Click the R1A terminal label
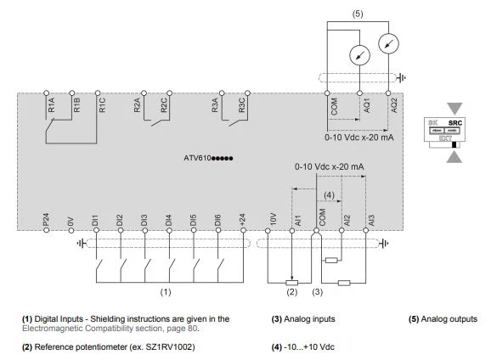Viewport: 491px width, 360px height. (51, 104)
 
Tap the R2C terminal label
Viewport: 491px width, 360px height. (164, 105)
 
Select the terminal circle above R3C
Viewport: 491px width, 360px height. (247, 93)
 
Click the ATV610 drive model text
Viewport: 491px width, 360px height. (208, 158)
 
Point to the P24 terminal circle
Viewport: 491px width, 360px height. (47, 230)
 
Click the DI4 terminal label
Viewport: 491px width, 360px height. (168, 221)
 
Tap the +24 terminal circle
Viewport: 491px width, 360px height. (243, 230)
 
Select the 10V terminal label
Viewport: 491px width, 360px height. (273, 219)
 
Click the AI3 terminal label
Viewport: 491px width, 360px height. (371, 221)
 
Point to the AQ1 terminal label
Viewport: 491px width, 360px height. (367, 105)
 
